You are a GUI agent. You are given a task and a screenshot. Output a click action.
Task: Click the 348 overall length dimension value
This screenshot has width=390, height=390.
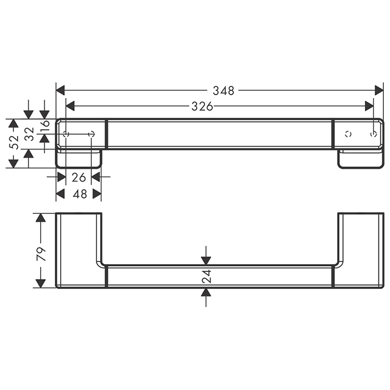pyautogui.click(x=223, y=90)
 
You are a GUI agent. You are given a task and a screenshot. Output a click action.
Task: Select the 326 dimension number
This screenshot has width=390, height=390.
pyautogui.click(x=202, y=106)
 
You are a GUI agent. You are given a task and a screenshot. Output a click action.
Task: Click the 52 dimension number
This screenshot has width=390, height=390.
pyautogui.click(x=14, y=143)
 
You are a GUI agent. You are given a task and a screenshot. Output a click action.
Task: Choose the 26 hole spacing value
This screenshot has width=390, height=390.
pyautogui.click(x=79, y=177)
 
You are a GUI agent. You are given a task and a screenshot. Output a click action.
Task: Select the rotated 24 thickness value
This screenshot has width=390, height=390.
pyautogui.click(x=206, y=276)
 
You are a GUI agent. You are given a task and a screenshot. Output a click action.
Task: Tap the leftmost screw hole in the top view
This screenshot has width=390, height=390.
pyautogui.click(x=66, y=134)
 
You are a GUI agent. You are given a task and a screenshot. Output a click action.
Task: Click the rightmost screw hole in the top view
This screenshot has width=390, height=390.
pyautogui.click(x=374, y=134)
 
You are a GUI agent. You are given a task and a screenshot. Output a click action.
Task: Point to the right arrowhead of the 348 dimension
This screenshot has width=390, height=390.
pyautogui.click(x=379, y=90)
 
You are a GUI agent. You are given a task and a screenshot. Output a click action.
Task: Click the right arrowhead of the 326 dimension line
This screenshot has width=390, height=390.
pyautogui.click(x=369, y=106)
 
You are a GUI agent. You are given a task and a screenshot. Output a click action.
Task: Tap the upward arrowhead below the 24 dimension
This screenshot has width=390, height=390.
pyautogui.click(x=206, y=293)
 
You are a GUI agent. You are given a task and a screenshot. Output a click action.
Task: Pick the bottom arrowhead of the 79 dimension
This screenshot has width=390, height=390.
pyautogui.click(x=40, y=283)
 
